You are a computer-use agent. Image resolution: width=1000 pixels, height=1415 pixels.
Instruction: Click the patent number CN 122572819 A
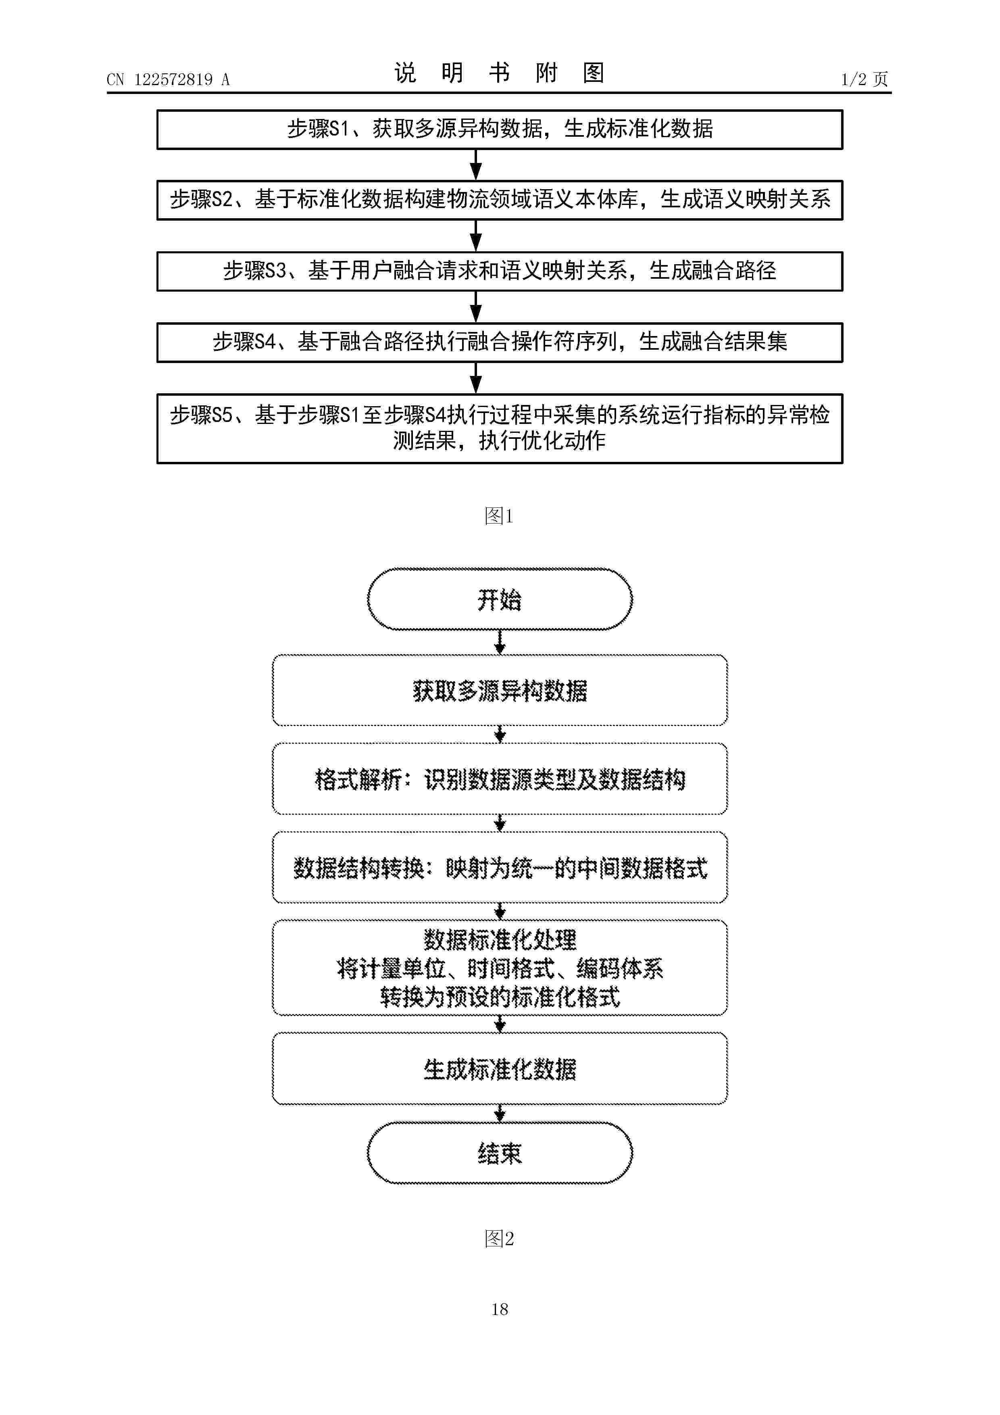(x=168, y=79)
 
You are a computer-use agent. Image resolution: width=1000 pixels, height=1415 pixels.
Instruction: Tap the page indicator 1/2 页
(x=865, y=79)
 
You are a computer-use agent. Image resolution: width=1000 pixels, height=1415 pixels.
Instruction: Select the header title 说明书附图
(x=499, y=73)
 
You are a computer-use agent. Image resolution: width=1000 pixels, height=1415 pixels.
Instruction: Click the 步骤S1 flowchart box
(x=500, y=129)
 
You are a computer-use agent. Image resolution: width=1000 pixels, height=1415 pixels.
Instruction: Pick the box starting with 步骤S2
(x=500, y=200)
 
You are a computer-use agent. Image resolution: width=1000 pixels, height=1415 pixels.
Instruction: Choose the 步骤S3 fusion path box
(x=500, y=271)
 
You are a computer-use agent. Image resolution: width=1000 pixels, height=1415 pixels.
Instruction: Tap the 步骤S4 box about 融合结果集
(x=500, y=342)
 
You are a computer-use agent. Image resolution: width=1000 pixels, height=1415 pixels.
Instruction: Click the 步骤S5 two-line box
(x=500, y=428)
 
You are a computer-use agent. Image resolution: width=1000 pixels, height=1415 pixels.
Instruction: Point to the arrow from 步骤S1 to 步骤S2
(x=476, y=165)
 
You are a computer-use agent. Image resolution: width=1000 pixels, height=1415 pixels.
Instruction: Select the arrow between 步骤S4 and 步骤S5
(x=476, y=378)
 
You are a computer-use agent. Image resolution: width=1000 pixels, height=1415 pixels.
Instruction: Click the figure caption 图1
(x=499, y=516)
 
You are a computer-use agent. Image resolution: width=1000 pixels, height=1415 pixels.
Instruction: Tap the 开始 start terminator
(x=500, y=599)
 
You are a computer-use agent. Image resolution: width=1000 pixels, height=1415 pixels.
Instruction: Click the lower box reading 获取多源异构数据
(x=500, y=690)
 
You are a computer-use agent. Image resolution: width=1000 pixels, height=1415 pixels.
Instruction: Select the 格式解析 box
(x=500, y=779)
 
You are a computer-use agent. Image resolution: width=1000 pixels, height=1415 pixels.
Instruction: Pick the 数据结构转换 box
(x=500, y=868)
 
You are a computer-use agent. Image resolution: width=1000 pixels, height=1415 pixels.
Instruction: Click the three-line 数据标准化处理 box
(x=500, y=968)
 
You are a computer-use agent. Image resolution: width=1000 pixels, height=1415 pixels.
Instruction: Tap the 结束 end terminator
(x=500, y=1153)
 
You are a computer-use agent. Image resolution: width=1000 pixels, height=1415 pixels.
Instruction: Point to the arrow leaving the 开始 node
(x=500, y=642)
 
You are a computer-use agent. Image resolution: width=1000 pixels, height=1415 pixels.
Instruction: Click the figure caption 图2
(x=499, y=1238)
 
